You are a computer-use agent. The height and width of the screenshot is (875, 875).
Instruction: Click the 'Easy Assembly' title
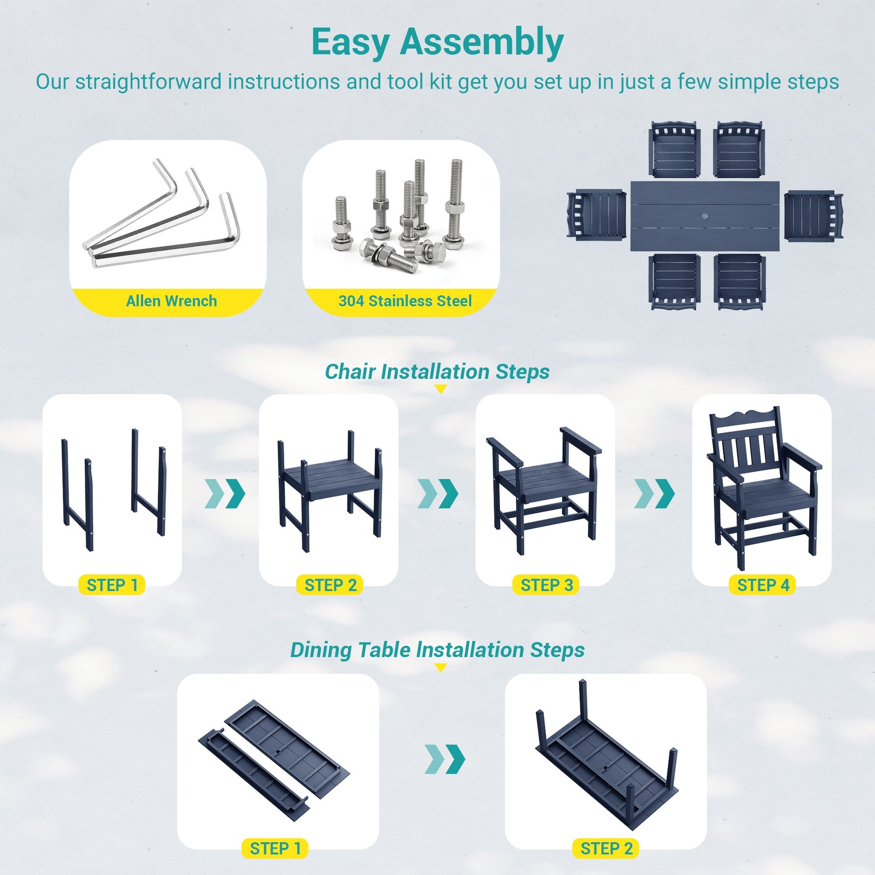437,42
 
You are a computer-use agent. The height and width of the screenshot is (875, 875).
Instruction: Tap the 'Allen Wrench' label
171,301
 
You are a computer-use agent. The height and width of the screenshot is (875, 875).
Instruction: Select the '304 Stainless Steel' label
405,301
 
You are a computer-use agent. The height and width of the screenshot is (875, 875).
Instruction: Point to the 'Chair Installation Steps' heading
437,371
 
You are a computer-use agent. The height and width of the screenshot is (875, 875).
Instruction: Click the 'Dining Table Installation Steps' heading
437,649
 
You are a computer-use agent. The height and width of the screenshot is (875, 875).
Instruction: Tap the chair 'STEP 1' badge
112,585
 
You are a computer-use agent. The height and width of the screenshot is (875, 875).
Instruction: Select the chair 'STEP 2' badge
330,585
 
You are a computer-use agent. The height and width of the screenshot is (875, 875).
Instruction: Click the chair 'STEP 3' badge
546,585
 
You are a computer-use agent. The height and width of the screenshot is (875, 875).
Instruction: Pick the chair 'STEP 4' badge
763,585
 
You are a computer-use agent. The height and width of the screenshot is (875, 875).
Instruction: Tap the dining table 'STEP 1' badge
275,848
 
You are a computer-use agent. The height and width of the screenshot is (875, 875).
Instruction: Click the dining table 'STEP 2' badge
607,848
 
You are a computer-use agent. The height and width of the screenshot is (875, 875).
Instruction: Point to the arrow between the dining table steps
444,759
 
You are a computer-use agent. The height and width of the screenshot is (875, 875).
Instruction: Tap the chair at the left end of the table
596,215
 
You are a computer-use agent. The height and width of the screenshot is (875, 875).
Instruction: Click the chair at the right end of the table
813,215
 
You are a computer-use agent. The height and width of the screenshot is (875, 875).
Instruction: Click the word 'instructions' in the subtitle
284,82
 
